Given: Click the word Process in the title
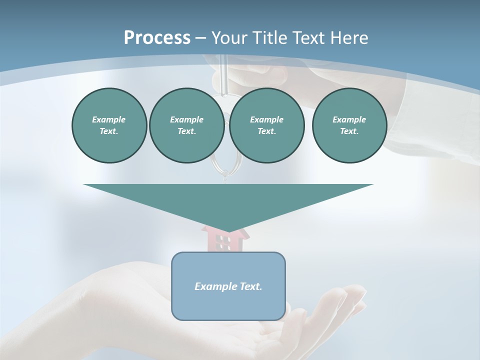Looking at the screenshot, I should click(x=157, y=38).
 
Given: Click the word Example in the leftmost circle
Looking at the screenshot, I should click(x=109, y=119).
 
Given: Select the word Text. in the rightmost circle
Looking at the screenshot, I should click(x=349, y=131).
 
